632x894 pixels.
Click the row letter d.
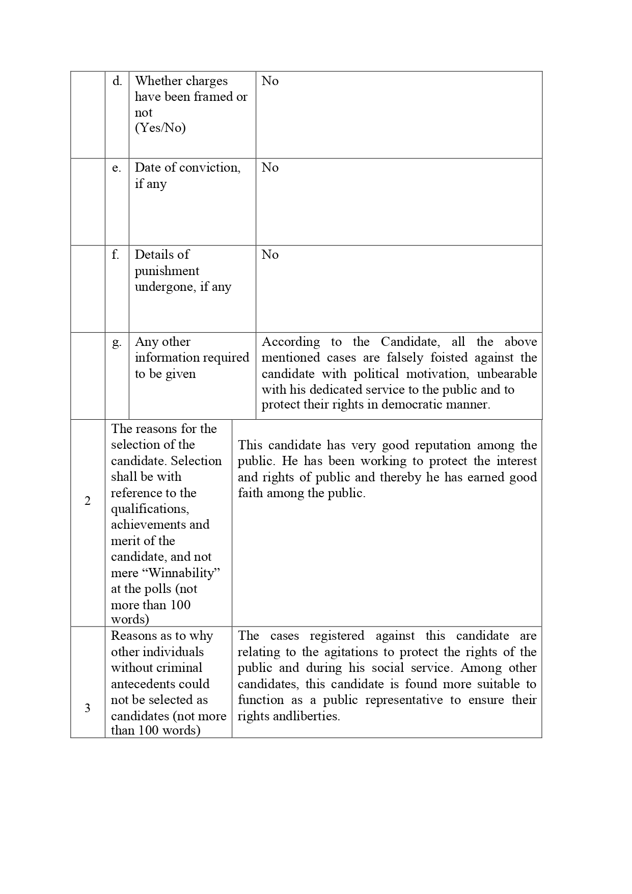[x=117, y=81]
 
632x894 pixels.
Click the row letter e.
[x=117, y=168]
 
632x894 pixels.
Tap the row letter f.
[x=116, y=255]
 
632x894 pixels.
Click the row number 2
[x=88, y=501]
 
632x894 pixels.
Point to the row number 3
[x=88, y=708]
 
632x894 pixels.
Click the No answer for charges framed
[x=270, y=81]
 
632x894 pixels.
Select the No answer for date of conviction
[x=270, y=168]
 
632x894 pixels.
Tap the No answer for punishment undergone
[x=270, y=255]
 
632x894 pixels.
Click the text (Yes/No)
[x=160, y=128]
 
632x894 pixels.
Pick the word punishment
[x=167, y=271]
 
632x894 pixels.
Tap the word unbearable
[x=507, y=374]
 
